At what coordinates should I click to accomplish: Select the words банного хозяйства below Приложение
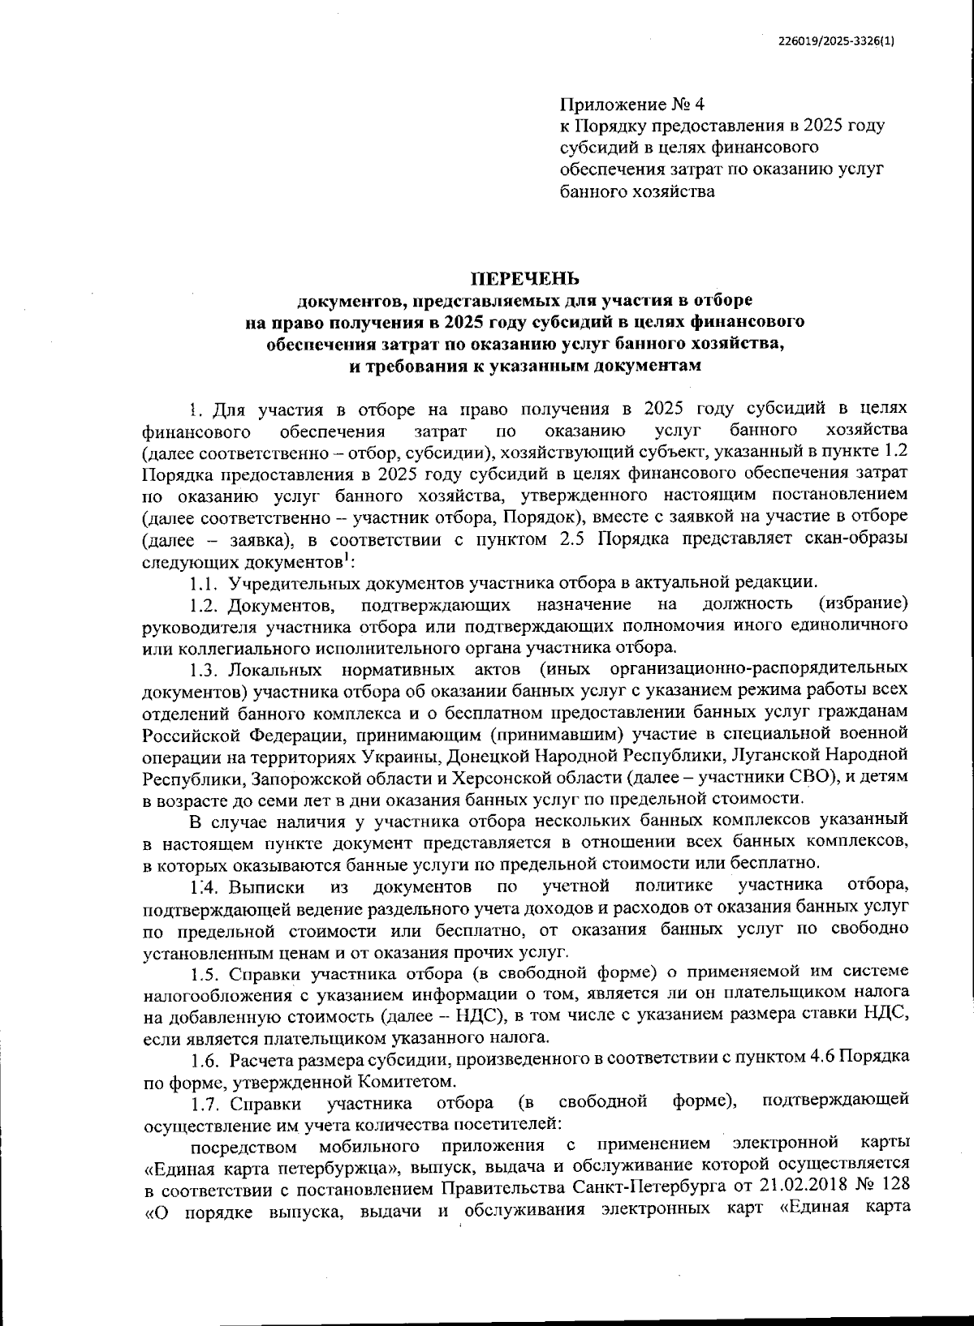point(637,192)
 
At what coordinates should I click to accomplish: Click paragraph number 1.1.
point(205,582)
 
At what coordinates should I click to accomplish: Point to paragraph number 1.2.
point(205,604)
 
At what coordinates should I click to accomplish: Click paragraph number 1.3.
point(205,669)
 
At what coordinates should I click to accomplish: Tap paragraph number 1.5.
point(205,972)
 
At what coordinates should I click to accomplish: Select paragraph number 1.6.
point(205,1059)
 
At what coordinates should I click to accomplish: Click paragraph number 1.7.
point(205,1103)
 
